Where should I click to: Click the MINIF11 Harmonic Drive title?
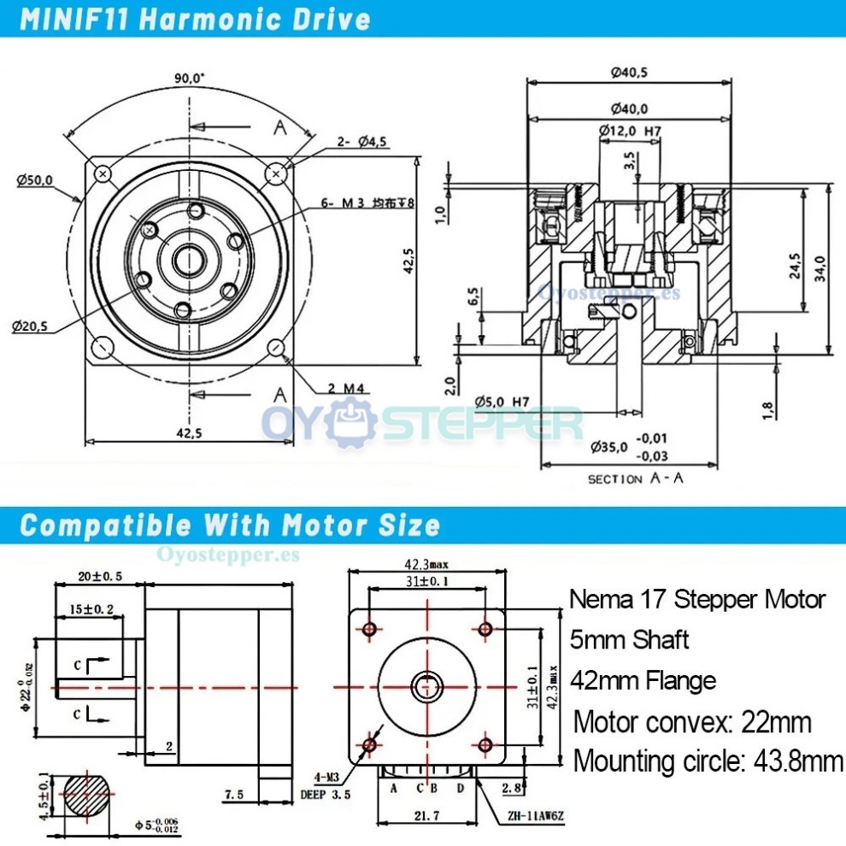[195, 19]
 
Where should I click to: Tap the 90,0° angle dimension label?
[189, 78]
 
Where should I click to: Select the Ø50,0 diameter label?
[34, 179]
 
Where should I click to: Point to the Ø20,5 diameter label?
[30, 326]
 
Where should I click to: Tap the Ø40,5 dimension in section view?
[629, 73]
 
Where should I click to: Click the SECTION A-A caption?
[636, 479]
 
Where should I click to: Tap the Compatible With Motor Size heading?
[230, 524]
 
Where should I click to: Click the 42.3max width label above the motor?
[427, 563]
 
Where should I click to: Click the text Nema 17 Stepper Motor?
[697, 599]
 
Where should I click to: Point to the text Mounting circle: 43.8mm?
[708, 761]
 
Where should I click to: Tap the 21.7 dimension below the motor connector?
[428, 816]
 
